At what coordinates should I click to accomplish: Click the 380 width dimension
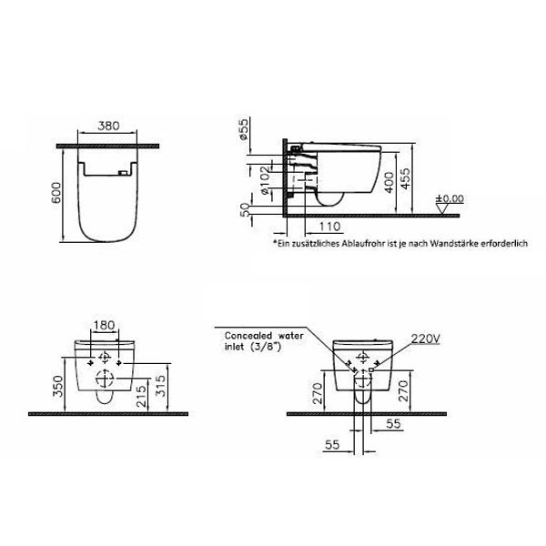(108, 126)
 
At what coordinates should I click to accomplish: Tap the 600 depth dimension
(56, 192)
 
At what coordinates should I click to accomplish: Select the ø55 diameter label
(244, 129)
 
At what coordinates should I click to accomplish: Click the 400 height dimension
(389, 182)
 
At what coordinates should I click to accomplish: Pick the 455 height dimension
(405, 179)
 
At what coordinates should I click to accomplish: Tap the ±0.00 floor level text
(450, 198)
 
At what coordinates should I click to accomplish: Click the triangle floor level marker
(442, 209)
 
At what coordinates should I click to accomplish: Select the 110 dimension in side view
(329, 227)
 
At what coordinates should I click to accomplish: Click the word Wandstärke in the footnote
(454, 243)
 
